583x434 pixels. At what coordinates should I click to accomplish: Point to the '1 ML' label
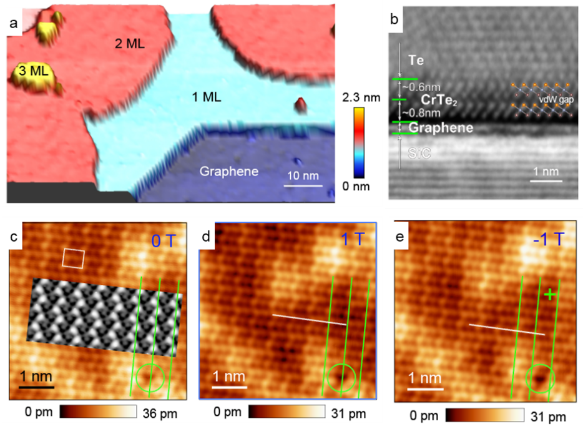click(x=207, y=97)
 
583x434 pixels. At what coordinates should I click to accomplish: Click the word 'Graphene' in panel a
click(x=229, y=171)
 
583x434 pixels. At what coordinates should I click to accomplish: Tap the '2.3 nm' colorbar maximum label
click(x=360, y=98)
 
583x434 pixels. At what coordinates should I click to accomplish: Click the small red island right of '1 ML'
click(x=301, y=104)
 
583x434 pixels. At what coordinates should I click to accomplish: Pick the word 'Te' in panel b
click(x=416, y=60)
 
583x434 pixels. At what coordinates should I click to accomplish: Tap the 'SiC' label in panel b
click(x=419, y=152)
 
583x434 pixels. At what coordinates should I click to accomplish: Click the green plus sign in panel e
click(x=549, y=294)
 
